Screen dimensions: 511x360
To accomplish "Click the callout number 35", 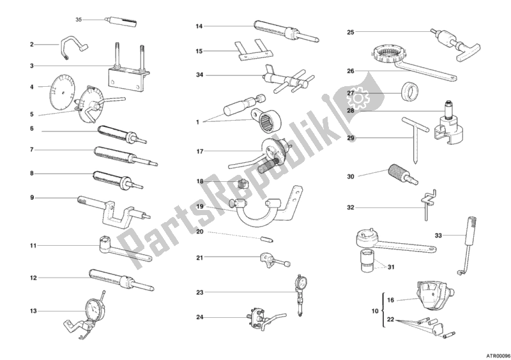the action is pyautogui.click(x=79, y=20).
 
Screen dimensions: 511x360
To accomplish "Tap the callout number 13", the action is pyautogui.click(x=33, y=311).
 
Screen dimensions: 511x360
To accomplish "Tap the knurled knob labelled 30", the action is pyautogui.click(x=395, y=170).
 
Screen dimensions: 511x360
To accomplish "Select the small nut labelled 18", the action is pyautogui.click(x=241, y=184).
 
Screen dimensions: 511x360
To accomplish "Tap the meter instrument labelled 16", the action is pyautogui.click(x=430, y=296).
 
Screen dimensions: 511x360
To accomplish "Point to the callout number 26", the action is pyautogui.click(x=350, y=71).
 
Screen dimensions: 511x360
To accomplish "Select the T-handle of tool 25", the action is pyautogui.click(x=469, y=53).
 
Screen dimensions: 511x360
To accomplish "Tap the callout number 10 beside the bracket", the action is pyautogui.click(x=375, y=311).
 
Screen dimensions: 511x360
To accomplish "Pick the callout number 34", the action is pyautogui.click(x=199, y=75).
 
